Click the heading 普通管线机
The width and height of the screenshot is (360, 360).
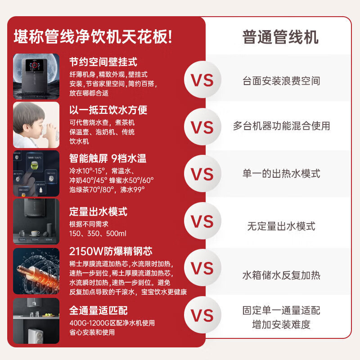tap(280, 37)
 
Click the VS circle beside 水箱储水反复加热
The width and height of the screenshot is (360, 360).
tap(202, 268)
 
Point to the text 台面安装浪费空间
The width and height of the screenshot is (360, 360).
tap(281, 81)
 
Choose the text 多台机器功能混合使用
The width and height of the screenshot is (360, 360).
tap(281, 126)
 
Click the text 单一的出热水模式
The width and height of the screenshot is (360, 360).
tap(281, 174)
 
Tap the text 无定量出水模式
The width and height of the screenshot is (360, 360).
tap(281, 226)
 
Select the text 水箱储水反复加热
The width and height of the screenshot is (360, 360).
tap(281, 275)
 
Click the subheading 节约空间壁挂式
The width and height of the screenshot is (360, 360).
tap(103, 62)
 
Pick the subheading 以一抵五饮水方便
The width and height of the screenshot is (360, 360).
tap(108, 110)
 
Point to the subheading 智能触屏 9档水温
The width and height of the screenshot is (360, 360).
tap(108, 158)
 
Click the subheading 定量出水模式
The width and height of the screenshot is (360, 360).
tap(98, 211)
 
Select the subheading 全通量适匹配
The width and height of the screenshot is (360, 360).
tap(98, 310)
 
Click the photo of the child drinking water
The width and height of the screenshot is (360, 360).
tap(36, 125)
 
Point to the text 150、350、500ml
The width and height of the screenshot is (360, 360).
tap(98, 234)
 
